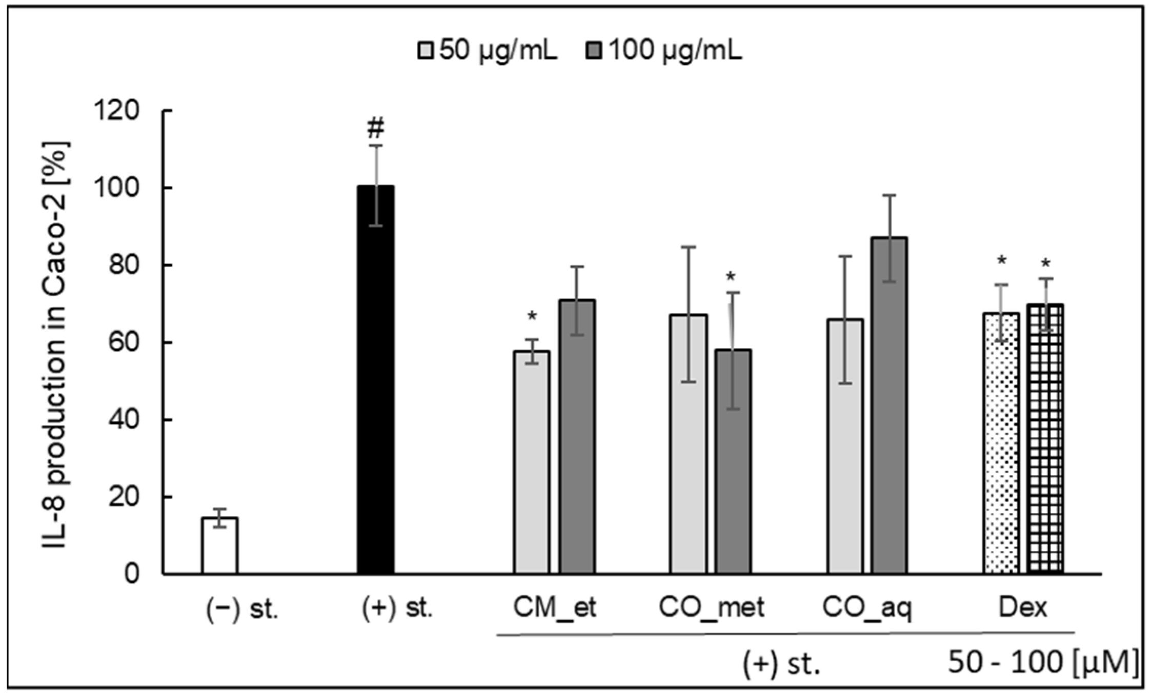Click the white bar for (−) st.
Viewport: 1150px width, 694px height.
pyautogui.click(x=219, y=545)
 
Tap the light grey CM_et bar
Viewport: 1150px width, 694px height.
pyautogui.click(x=532, y=461)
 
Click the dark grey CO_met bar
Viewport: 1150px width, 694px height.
pyautogui.click(x=733, y=461)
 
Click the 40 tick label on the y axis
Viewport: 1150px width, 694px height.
pyautogui.click(x=124, y=420)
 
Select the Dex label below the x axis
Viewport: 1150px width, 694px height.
pyautogui.click(x=1023, y=608)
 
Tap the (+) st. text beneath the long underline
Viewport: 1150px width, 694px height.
pyautogui.click(x=781, y=665)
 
